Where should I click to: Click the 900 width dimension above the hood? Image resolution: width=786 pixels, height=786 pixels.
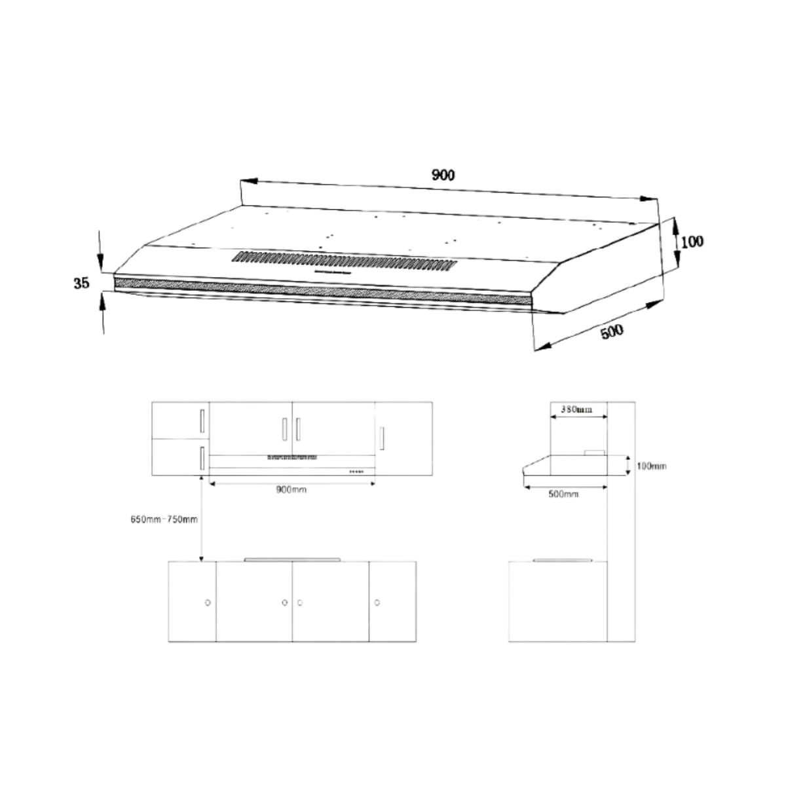pos(443,175)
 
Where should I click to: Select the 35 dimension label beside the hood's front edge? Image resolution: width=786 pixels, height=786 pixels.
pos(81,284)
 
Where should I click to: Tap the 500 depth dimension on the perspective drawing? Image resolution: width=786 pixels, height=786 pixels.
pos(612,331)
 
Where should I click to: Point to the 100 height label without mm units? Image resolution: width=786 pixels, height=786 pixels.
pos(692,242)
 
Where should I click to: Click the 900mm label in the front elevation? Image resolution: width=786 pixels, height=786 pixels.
pos(291,489)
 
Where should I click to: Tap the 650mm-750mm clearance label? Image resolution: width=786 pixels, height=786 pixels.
pos(164,519)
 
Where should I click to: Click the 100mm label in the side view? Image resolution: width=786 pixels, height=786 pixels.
pos(651,466)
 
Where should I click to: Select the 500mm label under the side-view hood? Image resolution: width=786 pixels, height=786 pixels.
pos(563,494)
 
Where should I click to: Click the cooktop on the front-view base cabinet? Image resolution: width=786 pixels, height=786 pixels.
pos(292,559)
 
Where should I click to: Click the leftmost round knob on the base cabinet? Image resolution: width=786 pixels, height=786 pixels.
pos(208,603)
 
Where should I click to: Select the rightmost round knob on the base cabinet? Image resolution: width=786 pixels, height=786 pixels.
pos(377,603)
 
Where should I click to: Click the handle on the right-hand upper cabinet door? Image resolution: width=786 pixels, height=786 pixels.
pos(383,437)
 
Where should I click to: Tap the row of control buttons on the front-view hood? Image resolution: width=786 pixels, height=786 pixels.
pos(356,471)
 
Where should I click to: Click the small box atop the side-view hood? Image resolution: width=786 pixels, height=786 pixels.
pos(594,452)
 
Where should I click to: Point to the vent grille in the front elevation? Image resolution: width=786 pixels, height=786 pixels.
pos(292,457)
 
